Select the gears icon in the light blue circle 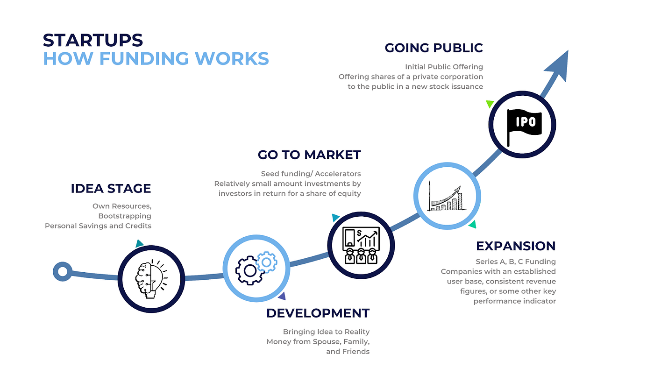tap(256, 268)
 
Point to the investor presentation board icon tap(360, 246)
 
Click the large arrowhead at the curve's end tap(558, 65)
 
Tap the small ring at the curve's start tap(62, 271)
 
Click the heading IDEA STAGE tap(111, 189)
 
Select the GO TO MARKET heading tap(309, 155)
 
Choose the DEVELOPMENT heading tap(318, 313)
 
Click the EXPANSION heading tap(516, 246)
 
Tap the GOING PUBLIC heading tap(434, 48)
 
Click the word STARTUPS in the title tap(92, 40)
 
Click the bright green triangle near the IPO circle tap(490, 103)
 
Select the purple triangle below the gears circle tap(282, 296)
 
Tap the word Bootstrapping tap(125, 216)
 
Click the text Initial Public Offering tap(444, 67)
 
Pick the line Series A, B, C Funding tap(516, 262)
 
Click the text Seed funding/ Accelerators tap(311, 174)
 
